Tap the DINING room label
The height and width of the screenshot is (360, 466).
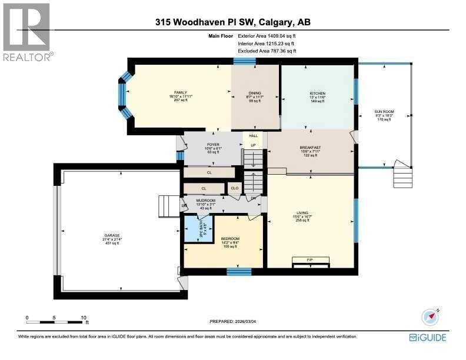254,93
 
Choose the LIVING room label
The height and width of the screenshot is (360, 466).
302,214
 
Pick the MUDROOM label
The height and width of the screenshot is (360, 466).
205,201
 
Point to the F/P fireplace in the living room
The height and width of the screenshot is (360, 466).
309,259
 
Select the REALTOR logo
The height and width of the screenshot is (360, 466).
27,32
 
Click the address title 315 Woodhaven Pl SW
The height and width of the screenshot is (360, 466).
233,23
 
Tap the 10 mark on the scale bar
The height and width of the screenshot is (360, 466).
84,318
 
